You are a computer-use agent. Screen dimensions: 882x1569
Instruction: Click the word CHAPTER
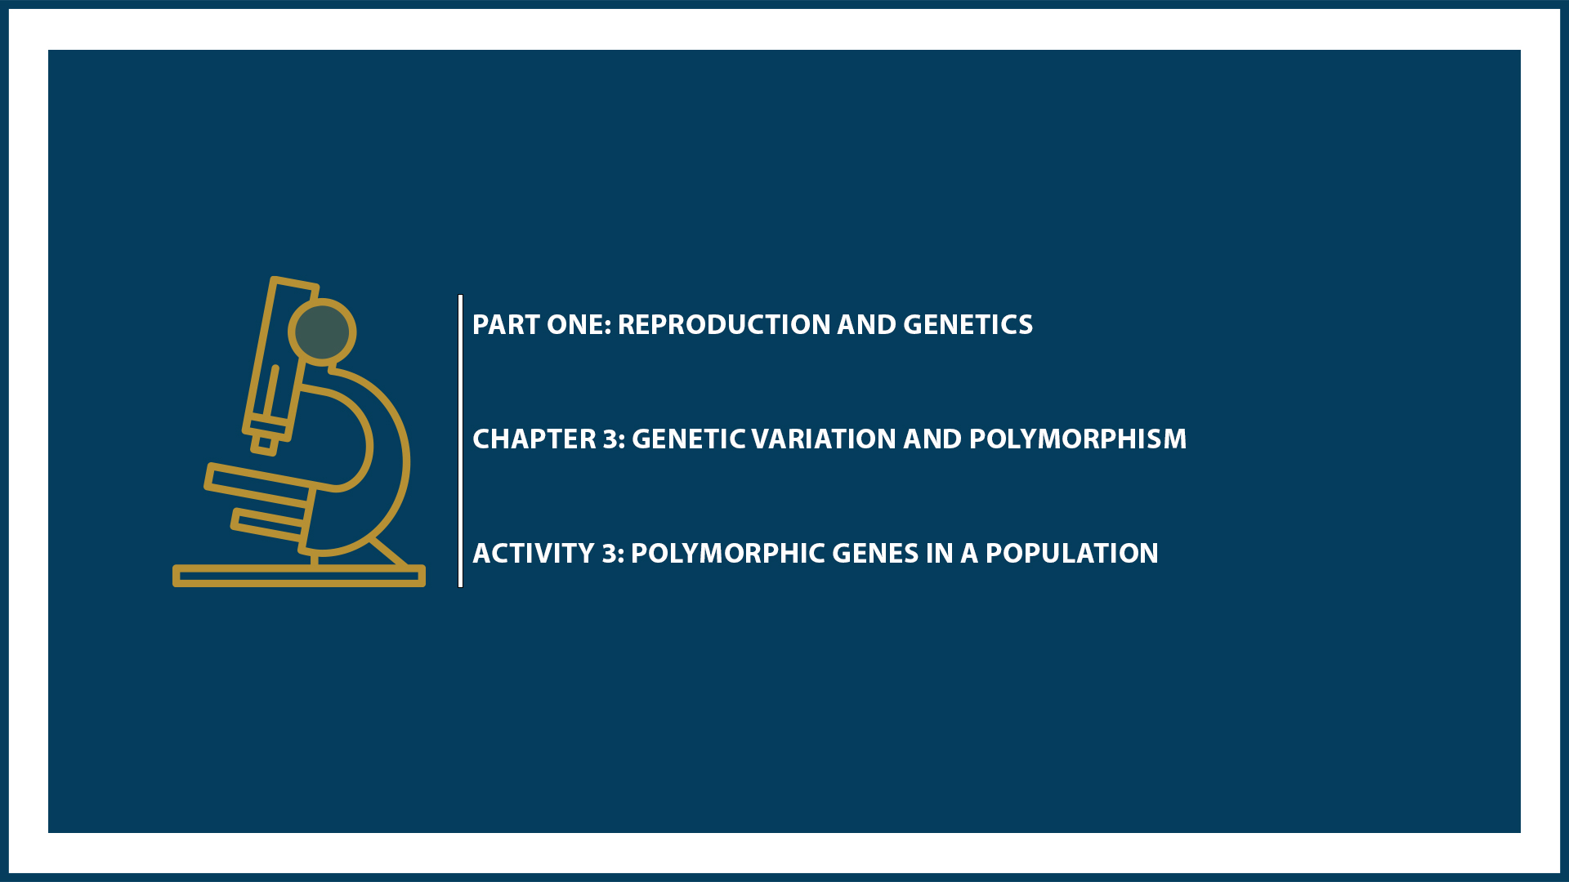click(x=534, y=439)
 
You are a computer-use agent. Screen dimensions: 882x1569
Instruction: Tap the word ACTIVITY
click(x=534, y=554)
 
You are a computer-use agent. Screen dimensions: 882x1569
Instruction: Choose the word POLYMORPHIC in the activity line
click(x=728, y=554)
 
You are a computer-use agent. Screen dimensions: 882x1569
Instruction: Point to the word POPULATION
click(x=1071, y=554)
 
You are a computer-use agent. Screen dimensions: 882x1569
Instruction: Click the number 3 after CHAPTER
click(x=612, y=439)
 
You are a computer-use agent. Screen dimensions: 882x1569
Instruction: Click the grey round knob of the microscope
click(x=322, y=332)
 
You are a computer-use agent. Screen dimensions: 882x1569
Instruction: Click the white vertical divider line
click(x=461, y=441)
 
